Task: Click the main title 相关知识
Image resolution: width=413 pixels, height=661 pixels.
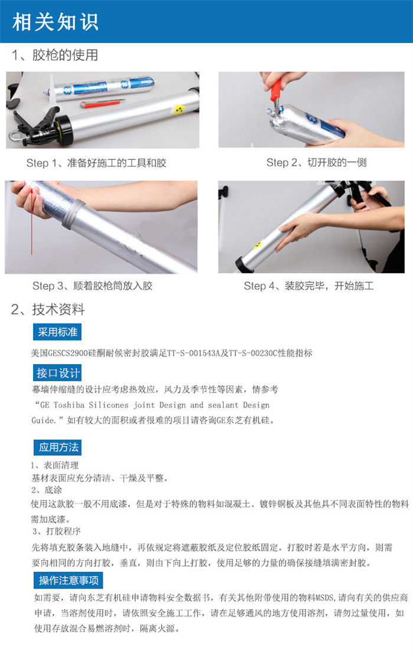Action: pyautogui.click(x=55, y=21)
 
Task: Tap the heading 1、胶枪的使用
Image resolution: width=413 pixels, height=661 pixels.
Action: pyautogui.click(x=55, y=55)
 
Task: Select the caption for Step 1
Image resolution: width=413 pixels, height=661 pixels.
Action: pyautogui.click(x=96, y=163)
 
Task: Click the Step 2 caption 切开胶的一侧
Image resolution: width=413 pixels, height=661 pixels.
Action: pyautogui.click(x=337, y=162)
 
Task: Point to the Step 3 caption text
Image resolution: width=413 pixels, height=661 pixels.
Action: pyautogui.click(x=92, y=286)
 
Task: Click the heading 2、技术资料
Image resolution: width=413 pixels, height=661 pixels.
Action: pyautogui.click(x=48, y=309)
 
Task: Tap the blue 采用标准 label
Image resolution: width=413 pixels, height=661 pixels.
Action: pyautogui.click(x=57, y=332)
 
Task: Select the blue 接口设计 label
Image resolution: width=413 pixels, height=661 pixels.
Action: pyautogui.click(x=57, y=373)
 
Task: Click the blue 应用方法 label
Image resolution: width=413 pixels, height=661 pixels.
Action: pyautogui.click(x=58, y=447)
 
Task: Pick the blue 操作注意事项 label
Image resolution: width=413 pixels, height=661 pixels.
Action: pyautogui.click(x=68, y=581)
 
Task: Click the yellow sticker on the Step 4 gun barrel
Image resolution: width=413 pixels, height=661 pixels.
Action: pyautogui.click(x=257, y=244)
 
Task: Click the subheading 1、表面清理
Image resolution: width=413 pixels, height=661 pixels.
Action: pyautogui.click(x=55, y=465)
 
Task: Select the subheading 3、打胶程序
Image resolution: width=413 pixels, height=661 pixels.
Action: pyautogui.click(x=56, y=531)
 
